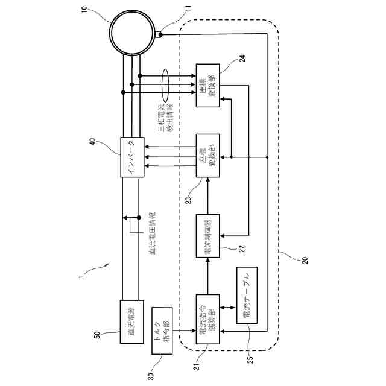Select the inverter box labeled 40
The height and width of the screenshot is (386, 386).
(132, 157)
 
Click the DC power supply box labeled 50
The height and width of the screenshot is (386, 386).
(132, 322)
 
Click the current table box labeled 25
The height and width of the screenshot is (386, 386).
(247, 296)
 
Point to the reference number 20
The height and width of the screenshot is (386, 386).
(304, 261)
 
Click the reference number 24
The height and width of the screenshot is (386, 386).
(242, 59)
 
